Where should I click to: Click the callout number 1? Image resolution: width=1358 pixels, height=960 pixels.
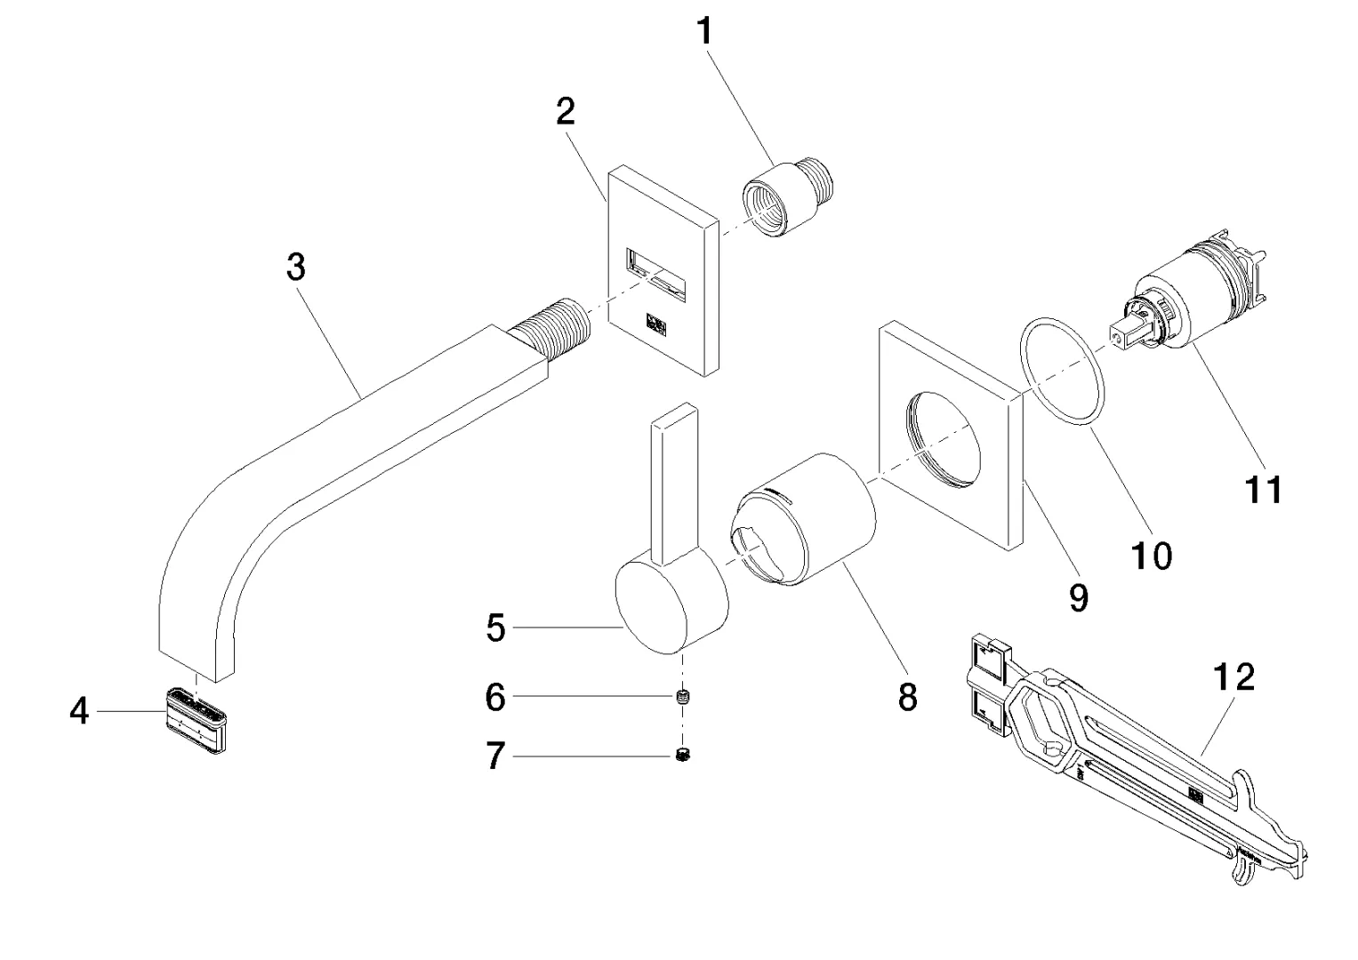click(704, 32)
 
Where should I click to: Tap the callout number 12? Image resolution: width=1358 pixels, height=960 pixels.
click(1234, 677)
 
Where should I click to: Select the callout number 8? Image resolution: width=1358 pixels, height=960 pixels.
click(907, 698)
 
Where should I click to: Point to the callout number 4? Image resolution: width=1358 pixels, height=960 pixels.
click(80, 710)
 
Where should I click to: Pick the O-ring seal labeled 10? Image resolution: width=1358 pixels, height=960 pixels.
click(1065, 374)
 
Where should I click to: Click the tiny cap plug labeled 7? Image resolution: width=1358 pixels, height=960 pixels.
click(684, 756)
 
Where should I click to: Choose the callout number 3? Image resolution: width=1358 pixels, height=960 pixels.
click(296, 266)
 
